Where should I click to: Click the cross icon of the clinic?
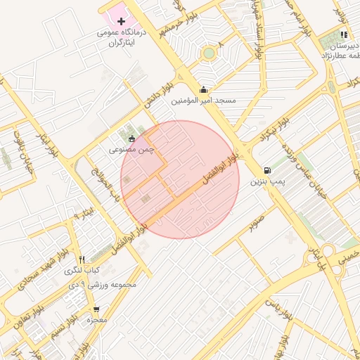121,22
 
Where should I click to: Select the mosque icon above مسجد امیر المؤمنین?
204,89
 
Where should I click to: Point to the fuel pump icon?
267,170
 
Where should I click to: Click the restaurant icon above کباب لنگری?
82,259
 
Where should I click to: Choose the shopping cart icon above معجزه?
96,309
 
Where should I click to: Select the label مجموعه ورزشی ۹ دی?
108,285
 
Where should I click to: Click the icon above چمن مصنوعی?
131,138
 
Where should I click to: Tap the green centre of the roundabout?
208,53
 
